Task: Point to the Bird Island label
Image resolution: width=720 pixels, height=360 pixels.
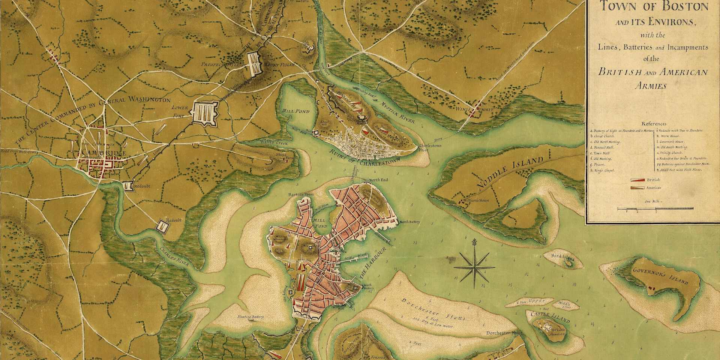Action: [562, 257]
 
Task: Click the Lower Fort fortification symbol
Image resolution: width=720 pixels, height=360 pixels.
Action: [204, 111]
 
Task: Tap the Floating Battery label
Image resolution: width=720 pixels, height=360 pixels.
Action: [251, 317]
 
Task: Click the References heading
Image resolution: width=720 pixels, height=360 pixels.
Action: [654, 124]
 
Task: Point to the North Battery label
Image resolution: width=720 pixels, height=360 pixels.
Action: [409, 222]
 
